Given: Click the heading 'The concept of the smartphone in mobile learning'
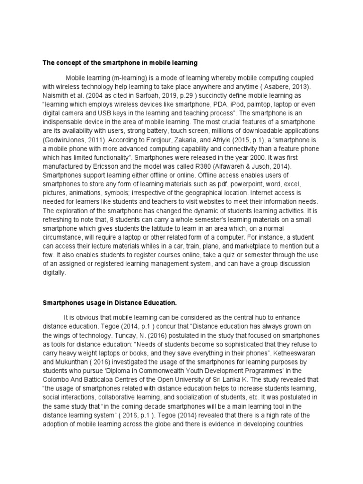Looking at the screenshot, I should [x=120, y=62].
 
